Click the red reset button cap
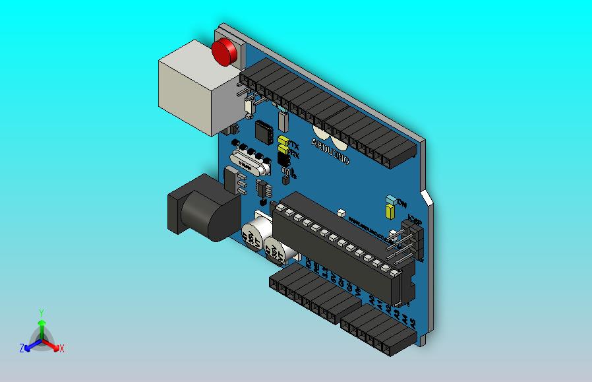pos(225,51)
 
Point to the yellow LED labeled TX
pos(283,141)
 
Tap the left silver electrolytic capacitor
pos(253,234)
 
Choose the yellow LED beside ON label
pos(390,211)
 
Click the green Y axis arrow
pos(41,323)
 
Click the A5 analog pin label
pos(413,322)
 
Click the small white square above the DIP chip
pos(341,213)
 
